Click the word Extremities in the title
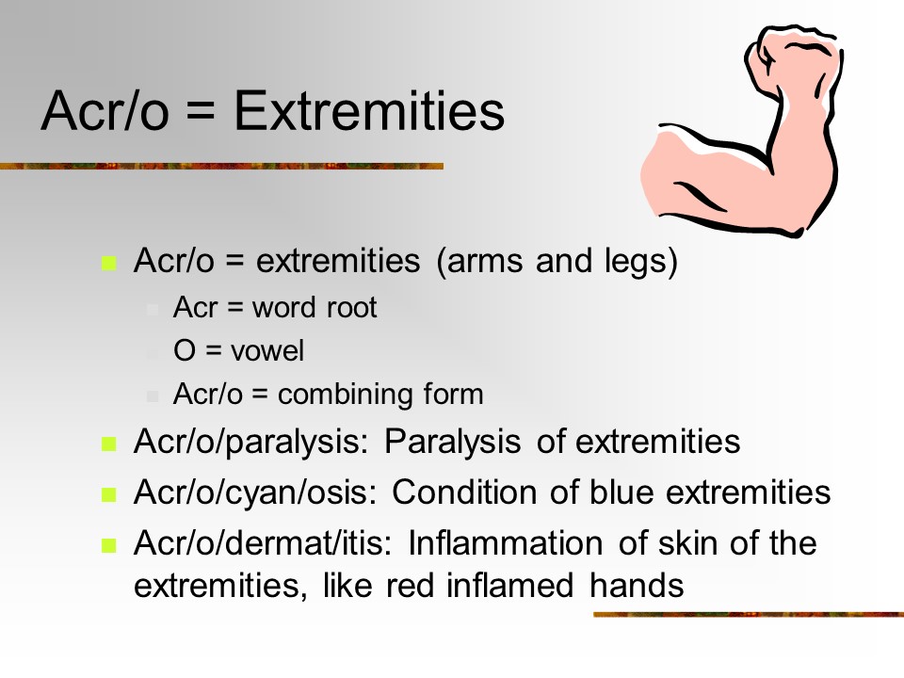tap(369, 110)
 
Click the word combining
tap(346, 395)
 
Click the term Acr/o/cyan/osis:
tap(255, 493)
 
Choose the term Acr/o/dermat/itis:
tap(263, 543)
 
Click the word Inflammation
tap(506, 543)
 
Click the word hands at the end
tap(637, 586)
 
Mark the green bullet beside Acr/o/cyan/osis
tap(109, 494)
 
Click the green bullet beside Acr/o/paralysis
tap(109, 444)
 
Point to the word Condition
tap(464, 492)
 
